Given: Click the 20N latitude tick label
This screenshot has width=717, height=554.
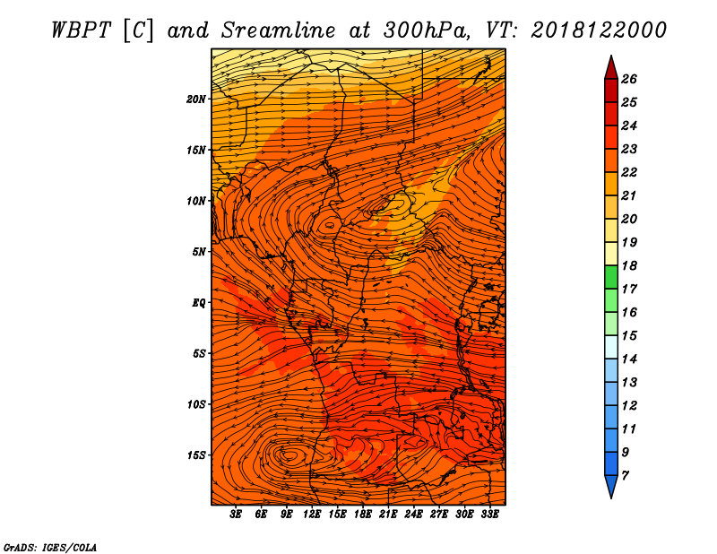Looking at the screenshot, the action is (196, 100).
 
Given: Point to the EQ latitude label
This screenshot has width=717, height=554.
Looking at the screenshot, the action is (199, 303).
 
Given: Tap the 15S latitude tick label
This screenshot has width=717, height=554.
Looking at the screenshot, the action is (196, 455).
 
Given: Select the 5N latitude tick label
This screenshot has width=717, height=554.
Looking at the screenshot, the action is (199, 252).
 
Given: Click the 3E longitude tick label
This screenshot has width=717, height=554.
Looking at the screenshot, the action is (236, 514).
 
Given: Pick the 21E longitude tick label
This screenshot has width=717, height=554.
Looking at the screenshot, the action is (388, 514).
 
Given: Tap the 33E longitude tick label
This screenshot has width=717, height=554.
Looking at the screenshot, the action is (489, 514).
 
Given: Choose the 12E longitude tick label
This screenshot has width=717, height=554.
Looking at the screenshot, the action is (312, 514).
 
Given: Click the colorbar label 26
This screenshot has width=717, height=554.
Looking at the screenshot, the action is (629, 79).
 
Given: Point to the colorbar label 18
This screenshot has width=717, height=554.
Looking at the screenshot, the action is (629, 265).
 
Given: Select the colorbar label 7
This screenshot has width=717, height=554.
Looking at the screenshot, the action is (625, 476).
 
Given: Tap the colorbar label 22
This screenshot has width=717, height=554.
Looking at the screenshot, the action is (629, 172).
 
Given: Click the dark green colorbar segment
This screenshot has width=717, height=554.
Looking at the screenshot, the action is (611, 277).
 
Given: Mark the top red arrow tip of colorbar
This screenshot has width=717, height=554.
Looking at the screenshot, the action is (611, 56).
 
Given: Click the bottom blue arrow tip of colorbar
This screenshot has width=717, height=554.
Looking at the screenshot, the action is (611, 498).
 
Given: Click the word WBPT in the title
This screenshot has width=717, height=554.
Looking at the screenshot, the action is (81, 30).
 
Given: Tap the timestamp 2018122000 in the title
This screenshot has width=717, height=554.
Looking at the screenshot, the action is (599, 30).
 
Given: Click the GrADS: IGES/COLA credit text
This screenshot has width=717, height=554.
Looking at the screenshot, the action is (50, 547).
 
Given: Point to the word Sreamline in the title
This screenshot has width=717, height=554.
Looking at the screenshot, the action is (279, 30).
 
